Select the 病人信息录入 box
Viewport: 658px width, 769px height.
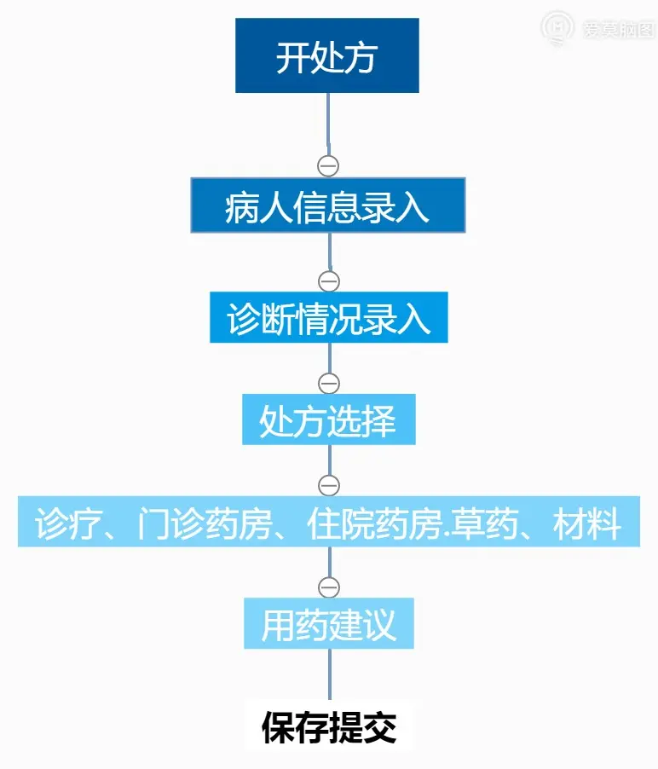click(327, 205)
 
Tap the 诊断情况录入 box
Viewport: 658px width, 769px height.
click(328, 318)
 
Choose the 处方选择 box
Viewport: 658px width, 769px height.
click(328, 419)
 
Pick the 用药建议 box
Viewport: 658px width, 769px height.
click(328, 624)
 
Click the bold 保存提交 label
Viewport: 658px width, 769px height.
click(329, 727)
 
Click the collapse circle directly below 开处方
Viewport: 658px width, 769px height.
click(328, 165)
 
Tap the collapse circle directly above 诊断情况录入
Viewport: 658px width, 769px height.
click(329, 280)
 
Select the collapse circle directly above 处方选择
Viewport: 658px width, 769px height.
click(329, 383)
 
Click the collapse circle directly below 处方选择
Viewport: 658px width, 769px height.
click(329, 485)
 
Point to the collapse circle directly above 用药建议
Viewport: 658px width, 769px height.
click(329, 587)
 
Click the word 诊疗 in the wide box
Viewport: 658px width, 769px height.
click(63, 523)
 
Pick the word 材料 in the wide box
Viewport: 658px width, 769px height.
click(586, 523)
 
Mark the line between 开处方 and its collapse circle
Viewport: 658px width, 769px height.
click(329, 124)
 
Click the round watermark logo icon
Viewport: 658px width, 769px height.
click(557, 27)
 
